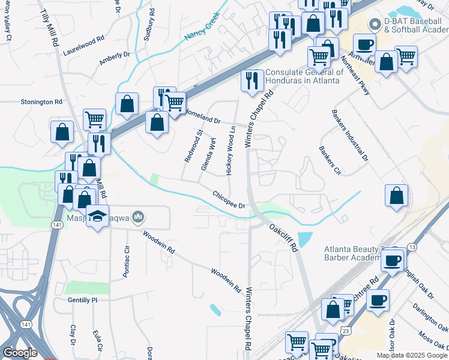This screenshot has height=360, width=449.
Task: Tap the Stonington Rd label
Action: pos(41,102)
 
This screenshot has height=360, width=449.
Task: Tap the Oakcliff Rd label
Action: pos(283,237)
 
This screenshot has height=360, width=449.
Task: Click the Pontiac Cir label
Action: pos(126,261)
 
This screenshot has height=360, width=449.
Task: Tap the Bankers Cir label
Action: pos(330,160)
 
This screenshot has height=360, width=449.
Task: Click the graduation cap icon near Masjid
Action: pos(97,215)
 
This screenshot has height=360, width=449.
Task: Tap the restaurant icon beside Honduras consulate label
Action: pos(251,80)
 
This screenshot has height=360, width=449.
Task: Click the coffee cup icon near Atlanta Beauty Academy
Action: pos(393,260)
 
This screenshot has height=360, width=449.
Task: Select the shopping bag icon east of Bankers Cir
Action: pos(396,196)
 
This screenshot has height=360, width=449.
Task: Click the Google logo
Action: pos(20,353)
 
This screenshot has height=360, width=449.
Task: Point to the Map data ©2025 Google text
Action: pos(411,355)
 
